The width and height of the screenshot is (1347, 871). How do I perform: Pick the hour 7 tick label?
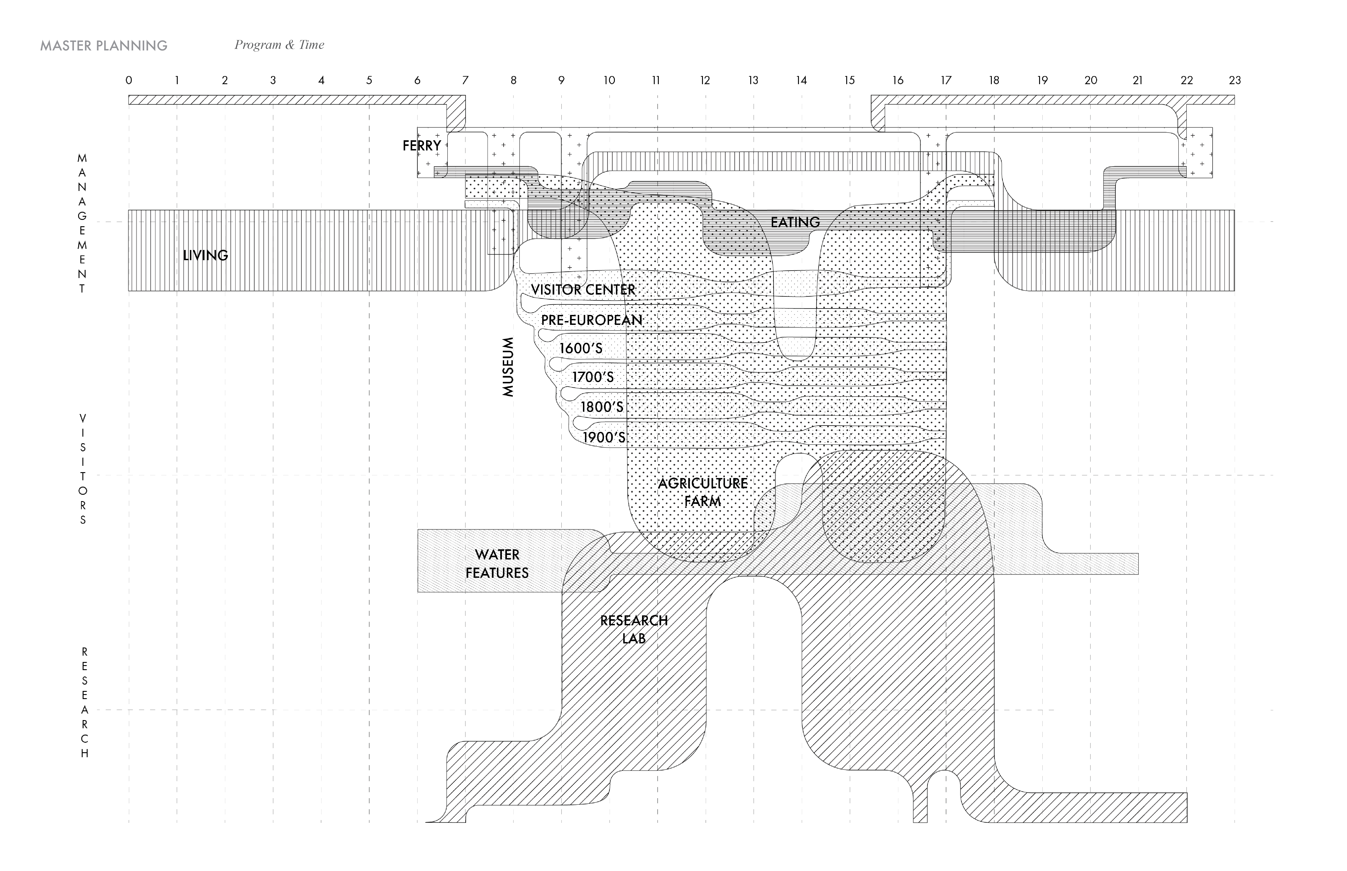(x=465, y=80)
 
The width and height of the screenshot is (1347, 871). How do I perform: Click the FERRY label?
(x=422, y=146)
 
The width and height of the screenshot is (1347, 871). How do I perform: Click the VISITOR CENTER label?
(x=583, y=290)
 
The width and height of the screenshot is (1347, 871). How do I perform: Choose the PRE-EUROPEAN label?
(x=591, y=320)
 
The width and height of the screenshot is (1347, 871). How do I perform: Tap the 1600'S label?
(x=581, y=348)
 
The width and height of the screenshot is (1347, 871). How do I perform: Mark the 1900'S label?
(x=604, y=437)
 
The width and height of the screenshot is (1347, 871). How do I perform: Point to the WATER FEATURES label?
(x=497, y=564)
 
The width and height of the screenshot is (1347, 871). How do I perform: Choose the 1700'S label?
(x=593, y=377)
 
